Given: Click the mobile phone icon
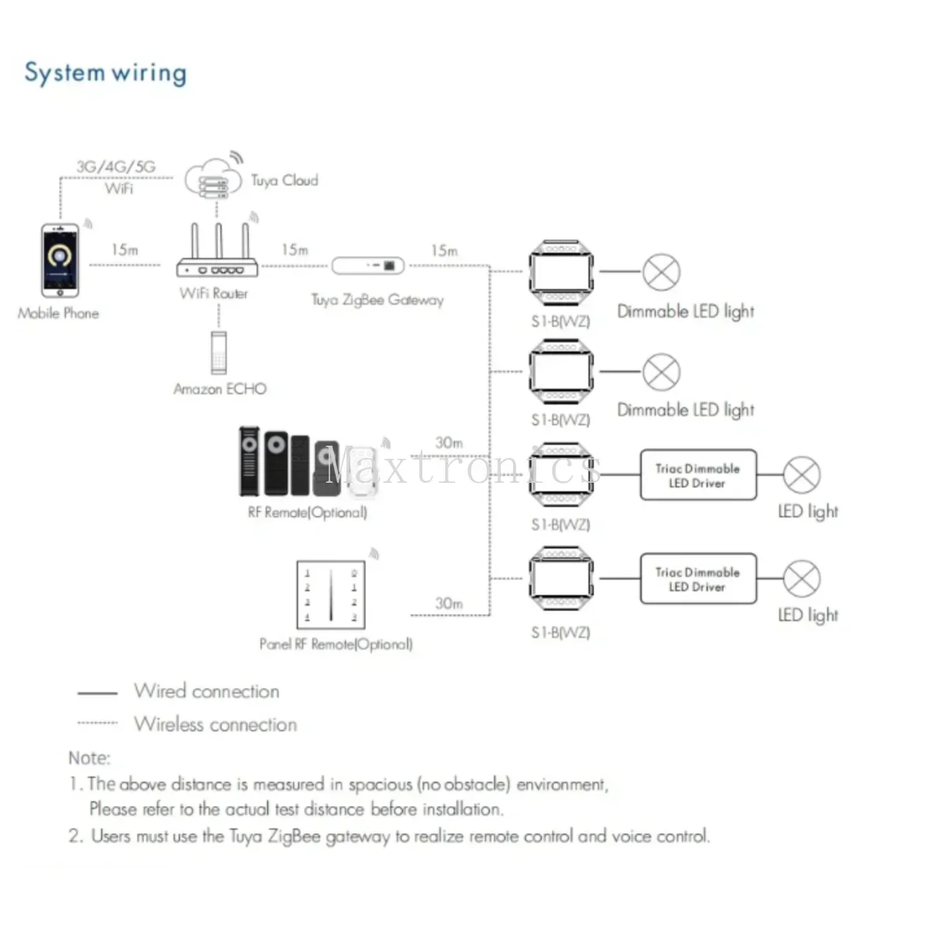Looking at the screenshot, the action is point(60,260).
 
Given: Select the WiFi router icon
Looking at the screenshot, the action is point(217,250).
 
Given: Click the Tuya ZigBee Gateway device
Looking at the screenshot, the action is point(368,266).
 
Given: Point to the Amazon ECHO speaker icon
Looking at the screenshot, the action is point(219,353).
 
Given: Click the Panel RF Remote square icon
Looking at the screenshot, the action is point(331,594).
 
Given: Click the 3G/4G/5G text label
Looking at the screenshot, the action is point(115,167).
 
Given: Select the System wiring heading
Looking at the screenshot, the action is point(105,74).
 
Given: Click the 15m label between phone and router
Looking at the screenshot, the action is point(125,250).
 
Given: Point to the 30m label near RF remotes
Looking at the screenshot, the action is point(449,443).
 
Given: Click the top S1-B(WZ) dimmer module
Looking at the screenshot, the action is point(561,272).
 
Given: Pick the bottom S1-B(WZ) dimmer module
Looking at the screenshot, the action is point(561,578).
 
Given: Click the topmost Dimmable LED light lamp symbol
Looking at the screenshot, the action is point(661,272).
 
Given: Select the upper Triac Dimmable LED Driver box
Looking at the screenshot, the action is point(698,475).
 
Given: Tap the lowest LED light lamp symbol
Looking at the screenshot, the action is point(801,579).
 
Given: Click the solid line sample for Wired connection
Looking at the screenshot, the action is point(98,693).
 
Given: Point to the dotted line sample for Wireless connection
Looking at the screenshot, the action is point(98,723).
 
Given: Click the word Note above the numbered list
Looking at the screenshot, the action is point(90,758).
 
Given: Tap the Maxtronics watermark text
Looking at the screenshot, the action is point(464,467).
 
